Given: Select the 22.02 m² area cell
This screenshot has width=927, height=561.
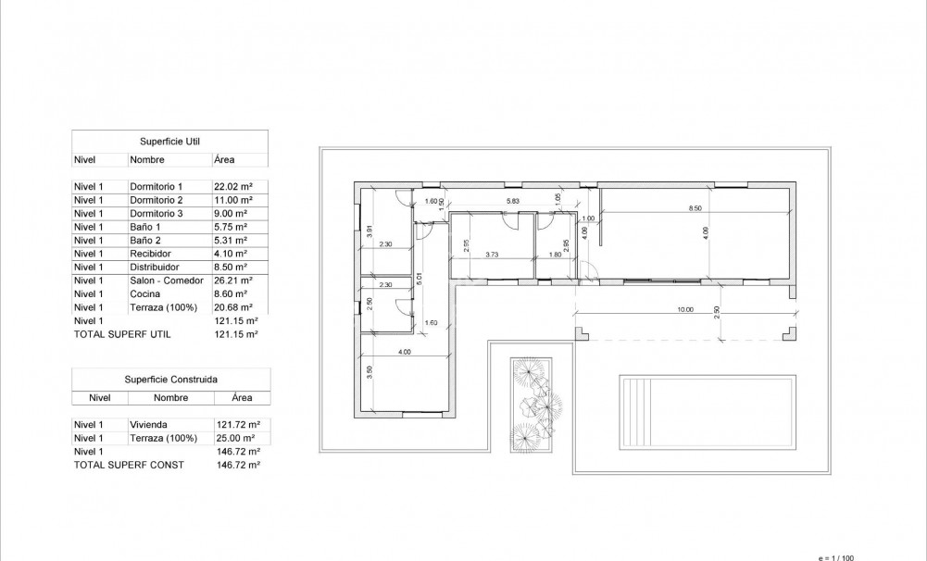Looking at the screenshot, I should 233,186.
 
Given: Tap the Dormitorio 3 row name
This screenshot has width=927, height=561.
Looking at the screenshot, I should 157,213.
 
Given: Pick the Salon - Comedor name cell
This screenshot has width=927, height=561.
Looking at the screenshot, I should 166,280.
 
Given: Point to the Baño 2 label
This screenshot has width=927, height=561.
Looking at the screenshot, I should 145,240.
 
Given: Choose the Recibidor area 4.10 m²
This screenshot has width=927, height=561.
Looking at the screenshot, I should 232,254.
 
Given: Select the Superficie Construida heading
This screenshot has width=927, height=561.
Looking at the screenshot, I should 170,380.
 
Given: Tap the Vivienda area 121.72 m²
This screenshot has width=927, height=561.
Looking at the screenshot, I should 237,424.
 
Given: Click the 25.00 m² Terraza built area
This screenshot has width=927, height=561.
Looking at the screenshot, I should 234,438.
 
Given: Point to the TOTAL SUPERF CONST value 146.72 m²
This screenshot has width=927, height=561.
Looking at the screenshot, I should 236,465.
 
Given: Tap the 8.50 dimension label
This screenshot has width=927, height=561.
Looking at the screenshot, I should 695,208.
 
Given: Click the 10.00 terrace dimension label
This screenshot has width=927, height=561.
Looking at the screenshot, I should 684,309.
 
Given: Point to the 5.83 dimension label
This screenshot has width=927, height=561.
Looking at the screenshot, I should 512,201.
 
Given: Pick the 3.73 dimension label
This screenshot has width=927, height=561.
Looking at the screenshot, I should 492,255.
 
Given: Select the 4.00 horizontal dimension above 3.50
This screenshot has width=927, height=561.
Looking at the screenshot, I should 404,353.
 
